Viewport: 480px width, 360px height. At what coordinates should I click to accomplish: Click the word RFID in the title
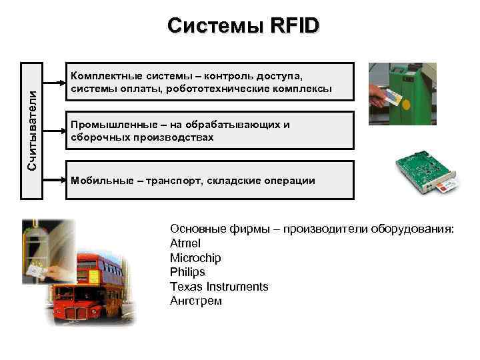click(x=295, y=26)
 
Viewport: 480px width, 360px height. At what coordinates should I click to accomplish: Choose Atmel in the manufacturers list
click(x=185, y=243)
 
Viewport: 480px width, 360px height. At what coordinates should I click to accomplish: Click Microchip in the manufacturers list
click(x=195, y=258)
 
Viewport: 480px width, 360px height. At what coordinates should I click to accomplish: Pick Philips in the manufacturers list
click(x=187, y=272)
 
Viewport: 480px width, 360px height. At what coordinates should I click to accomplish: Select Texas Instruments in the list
click(x=219, y=287)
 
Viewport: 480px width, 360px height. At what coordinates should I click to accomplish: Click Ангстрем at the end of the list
click(x=195, y=301)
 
